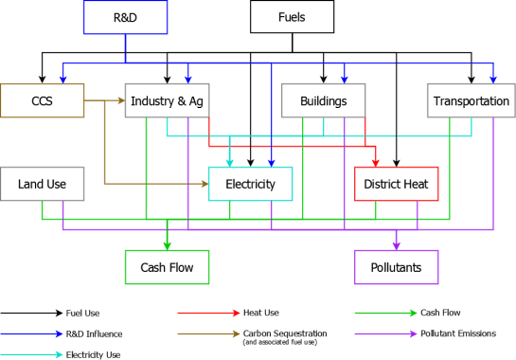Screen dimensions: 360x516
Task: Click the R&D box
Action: (x=125, y=17)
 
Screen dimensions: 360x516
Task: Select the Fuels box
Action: (x=292, y=17)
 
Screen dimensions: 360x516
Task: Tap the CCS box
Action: (x=42, y=101)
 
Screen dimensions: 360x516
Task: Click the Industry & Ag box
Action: (x=167, y=101)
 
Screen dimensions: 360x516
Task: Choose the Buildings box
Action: (x=323, y=101)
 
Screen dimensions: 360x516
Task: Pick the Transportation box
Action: (x=471, y=101)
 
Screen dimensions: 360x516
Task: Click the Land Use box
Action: (x=43, y=184)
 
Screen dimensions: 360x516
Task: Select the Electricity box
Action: (x=250, y=184)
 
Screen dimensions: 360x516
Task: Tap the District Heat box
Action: (x=396, y=184)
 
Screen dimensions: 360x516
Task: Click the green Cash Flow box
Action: (x=167, y=267)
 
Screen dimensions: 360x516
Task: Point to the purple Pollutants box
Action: (x=396, y=267)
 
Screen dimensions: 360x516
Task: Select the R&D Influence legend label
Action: (x=94, y=333)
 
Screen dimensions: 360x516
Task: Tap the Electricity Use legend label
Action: (x=93, y=354)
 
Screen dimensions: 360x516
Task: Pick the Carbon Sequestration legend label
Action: (x=284, y=333)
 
